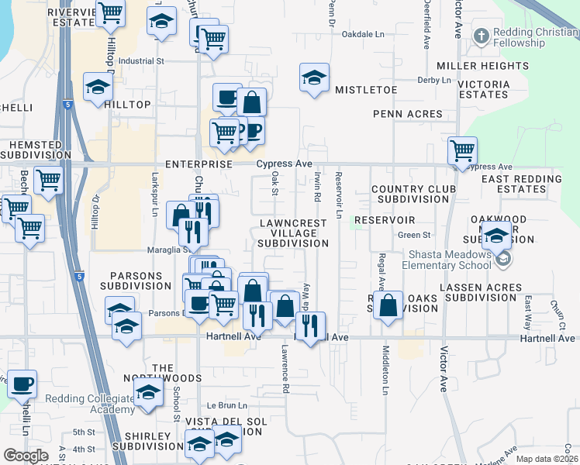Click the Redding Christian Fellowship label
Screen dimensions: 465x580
pos(534,37)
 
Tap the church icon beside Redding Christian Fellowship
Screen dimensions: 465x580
pos(481,35)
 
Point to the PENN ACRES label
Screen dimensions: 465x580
pos(407,114)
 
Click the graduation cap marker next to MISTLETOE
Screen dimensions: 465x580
pos(314,77)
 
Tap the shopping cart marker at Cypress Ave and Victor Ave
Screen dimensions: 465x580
pos(463,149)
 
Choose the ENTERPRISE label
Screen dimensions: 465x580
pos(199,164)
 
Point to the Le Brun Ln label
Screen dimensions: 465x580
pos(226,405)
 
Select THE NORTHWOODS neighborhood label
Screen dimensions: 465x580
pos(177,373)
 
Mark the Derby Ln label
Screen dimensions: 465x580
pos(434,80)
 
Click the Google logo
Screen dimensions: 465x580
pos(26,456)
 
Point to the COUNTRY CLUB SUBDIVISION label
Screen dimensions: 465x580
pos(410,194)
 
